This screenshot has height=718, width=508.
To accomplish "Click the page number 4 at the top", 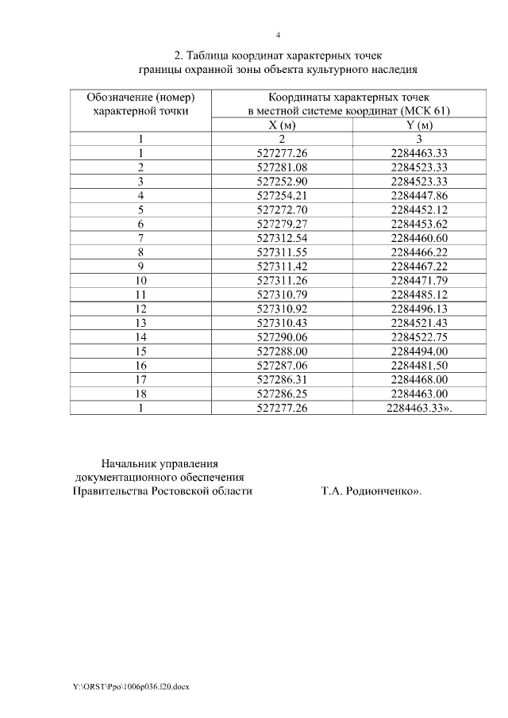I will pyautogui.click(x=278, y=35).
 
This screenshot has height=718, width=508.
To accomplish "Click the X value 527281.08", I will pyautogui.click(x=283, y=167).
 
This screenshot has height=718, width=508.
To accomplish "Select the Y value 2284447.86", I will pyautogui.click(x=420, y=195).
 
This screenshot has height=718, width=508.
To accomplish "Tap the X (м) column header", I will pyautogui.click(x=283, y=125).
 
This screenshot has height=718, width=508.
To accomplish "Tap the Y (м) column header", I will pyautogui.click(x=420, y=125).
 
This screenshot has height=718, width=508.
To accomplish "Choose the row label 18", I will pyautogui.click(x=140, y=393).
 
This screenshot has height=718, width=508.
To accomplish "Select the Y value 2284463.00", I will pyautogui.click(x=420, y=393).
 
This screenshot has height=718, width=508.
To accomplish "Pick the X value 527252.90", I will pyautogui.click(x=283, y=181).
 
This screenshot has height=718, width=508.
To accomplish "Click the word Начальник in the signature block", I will pyautogui.click(x=129, y=463).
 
